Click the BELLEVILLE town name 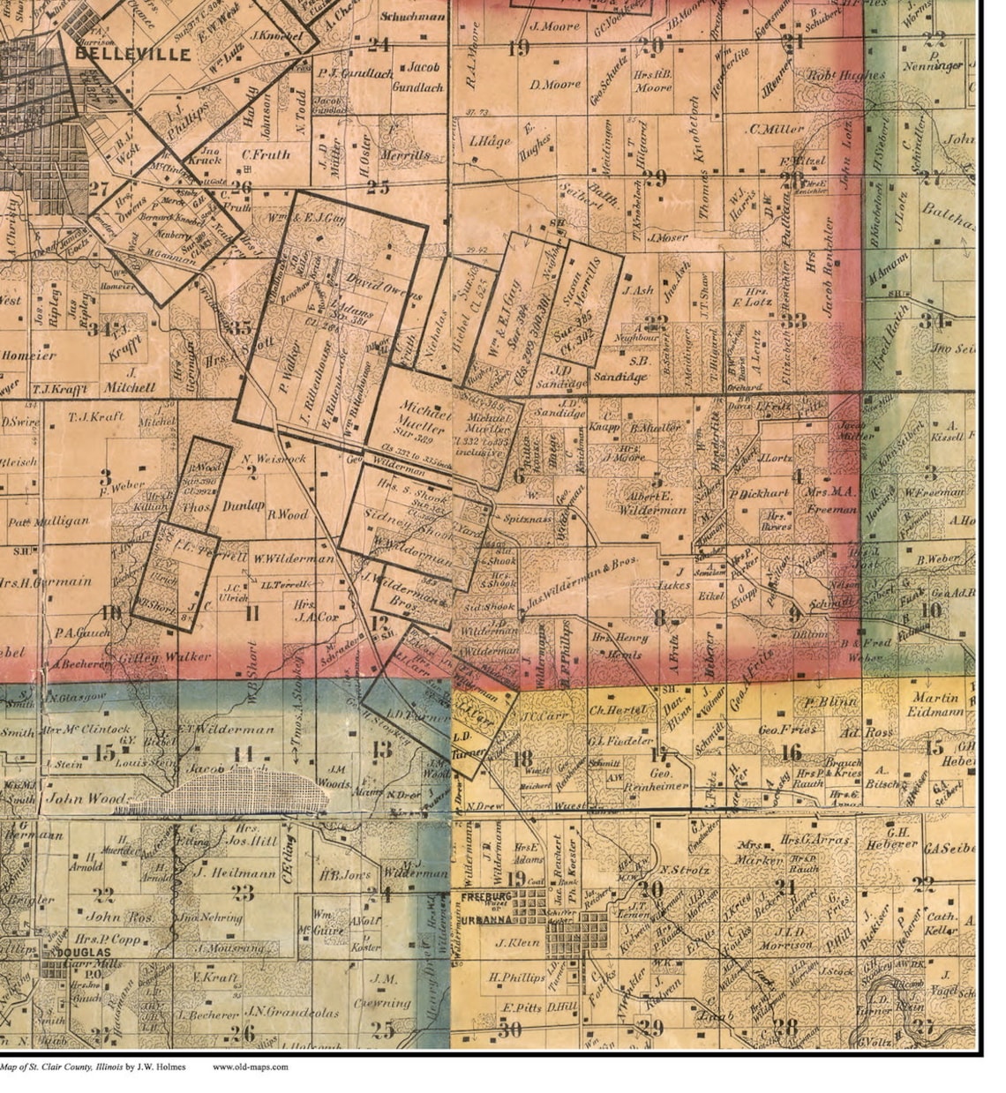(132, 54)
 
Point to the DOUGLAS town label (86, 954)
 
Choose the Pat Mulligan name (49, 521)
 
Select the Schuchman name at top (412, 17)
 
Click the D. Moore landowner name (555, 85)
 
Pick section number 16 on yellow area (792, 752)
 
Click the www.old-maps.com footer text (250, 1067)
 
